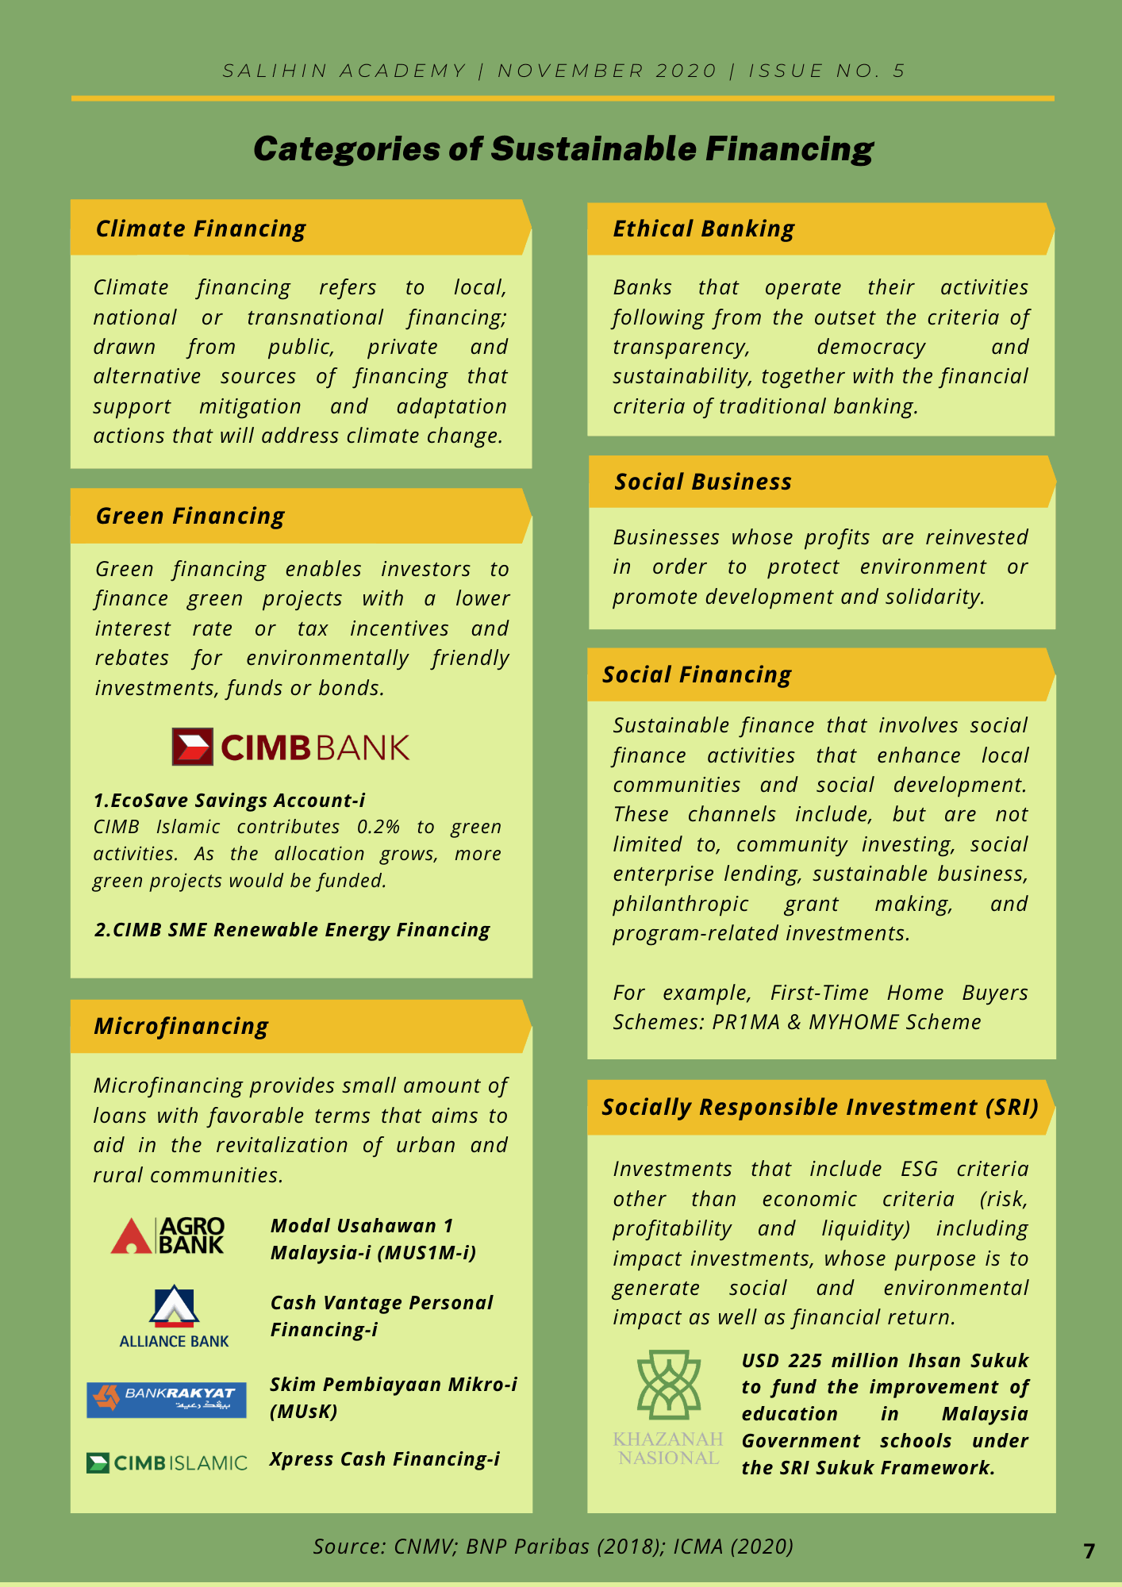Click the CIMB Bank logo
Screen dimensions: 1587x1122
point(290,747)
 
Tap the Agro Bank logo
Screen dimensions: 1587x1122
point(168,1235)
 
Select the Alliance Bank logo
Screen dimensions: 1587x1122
point(174,1317)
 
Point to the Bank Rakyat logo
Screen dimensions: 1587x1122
point(167,1400)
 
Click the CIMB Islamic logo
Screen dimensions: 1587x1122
point(167,1462)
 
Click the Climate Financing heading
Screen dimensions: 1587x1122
point(201,229)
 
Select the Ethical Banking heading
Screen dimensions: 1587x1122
point(703,229)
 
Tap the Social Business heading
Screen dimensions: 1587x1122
point(703,482)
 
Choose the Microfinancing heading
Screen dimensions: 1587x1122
point(181,1026)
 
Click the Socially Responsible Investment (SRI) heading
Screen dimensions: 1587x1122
point(820,1107)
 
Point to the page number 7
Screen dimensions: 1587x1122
point(1089,1551)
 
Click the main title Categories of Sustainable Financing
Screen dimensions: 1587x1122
point(563,149)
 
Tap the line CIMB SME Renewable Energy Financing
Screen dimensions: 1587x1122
point(292,930)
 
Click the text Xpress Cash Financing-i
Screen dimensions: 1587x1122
point(385,1459)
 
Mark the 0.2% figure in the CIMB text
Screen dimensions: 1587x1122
point(378,827)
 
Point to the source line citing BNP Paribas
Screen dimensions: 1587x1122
point(553,1546)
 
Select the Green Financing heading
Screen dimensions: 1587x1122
point(190,516)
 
